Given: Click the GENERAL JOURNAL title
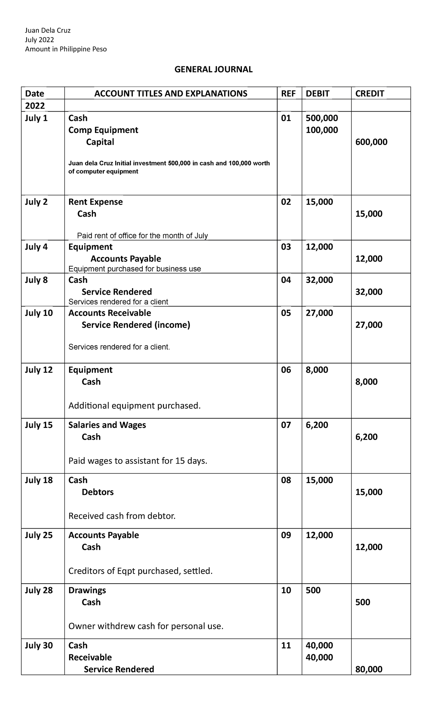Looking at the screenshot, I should tap(213, 69).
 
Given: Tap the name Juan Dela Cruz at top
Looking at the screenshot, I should tap(48, 30).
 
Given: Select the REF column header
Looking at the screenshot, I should tap(288, 94).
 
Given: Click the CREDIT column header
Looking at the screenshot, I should tap(370, 94).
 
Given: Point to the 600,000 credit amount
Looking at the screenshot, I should tap(371, 142).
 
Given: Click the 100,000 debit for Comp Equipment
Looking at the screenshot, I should tap(322, 130).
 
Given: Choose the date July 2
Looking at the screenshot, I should tap(36, 202).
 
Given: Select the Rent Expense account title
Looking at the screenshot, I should tap(95, 202).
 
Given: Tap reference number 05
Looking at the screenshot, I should tap(286, 313).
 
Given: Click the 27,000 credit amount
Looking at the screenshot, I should tap(369, 325).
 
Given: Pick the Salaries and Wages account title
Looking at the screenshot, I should tap(107, 425).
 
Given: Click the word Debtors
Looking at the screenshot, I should tap(97, 492).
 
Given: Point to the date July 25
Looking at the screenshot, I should tap(38, 535).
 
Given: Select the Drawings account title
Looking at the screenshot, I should tap(87, 590).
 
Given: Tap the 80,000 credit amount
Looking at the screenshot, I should tap(369, 669).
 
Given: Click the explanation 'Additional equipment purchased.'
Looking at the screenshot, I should tap(135, 406).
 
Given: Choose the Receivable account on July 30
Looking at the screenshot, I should tap(90, 657).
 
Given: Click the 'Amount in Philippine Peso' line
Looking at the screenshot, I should tap(66, 49).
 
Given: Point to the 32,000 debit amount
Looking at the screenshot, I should tap(320, 280).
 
